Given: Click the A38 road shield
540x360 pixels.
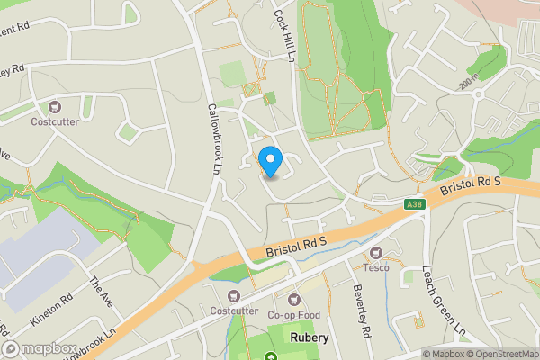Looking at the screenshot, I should pos(414,206).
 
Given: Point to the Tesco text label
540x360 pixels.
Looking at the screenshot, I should pos(377,267).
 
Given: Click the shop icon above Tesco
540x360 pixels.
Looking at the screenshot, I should pos(377,253).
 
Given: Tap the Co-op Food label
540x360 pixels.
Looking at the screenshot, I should pos(293,315).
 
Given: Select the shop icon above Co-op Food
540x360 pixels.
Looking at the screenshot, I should pos(292,300).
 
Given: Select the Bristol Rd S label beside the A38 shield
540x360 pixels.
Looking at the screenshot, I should pos(482,187).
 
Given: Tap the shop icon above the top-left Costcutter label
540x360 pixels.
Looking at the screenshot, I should pos(54,106).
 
